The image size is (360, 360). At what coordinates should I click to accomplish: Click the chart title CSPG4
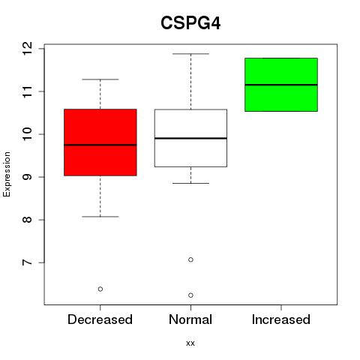coord(190,23)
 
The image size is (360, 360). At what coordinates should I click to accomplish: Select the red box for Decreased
coord(100,142)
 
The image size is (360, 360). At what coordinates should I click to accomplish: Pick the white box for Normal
coord(190,138)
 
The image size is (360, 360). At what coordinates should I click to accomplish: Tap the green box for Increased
coord(281,85)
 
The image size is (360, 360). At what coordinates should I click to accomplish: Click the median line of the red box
coord(100,145)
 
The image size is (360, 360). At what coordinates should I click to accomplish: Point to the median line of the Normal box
coord(190,138)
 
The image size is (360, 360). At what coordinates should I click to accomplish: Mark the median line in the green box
coord(281,85)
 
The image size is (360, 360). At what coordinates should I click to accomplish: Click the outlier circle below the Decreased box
coord(100,289)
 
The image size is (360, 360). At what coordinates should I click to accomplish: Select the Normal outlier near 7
coord(190,259)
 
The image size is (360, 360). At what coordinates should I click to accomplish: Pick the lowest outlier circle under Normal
coord(190,295)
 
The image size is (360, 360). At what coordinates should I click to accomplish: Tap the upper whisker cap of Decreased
coord(100,79)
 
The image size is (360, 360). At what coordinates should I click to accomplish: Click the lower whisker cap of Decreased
coord(100,217)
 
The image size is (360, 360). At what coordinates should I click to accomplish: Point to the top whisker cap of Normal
coord(190,54)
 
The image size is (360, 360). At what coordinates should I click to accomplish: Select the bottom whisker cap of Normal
coord(190,183)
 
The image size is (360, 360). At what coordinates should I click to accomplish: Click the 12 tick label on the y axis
coord(28,49)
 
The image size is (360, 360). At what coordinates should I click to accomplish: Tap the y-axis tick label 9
coord(28,177)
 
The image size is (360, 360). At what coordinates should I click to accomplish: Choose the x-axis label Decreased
coord(100,319)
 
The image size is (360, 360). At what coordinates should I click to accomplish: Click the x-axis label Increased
coord(281,319)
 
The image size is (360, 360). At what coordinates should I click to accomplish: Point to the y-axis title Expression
coord(7,174)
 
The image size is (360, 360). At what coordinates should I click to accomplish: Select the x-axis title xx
coord(190,343)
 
